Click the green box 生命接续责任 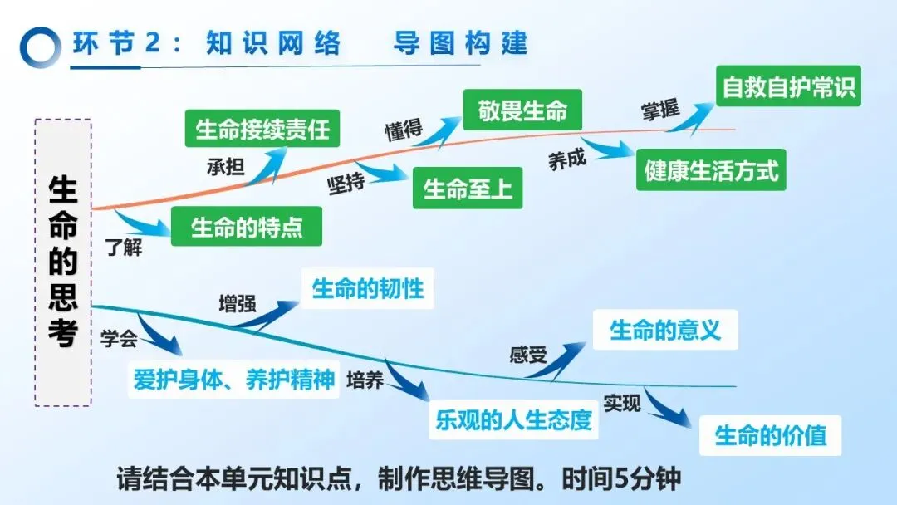(x=262, y=130)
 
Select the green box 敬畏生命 (x=522, y=110)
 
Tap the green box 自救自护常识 (x=787, y=86)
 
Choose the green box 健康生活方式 (x=711, y=170)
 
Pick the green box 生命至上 (x=468, y=189)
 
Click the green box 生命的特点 (x=247, y=226)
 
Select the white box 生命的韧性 (x=367, y=288)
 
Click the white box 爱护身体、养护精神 (x=233, y=379)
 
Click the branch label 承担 (x=225, y=166)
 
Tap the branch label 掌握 (x=660, y=110)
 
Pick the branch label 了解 (x=125, y=247)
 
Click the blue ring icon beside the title (x=40, y=47)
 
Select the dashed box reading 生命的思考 (x=63, y=262)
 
